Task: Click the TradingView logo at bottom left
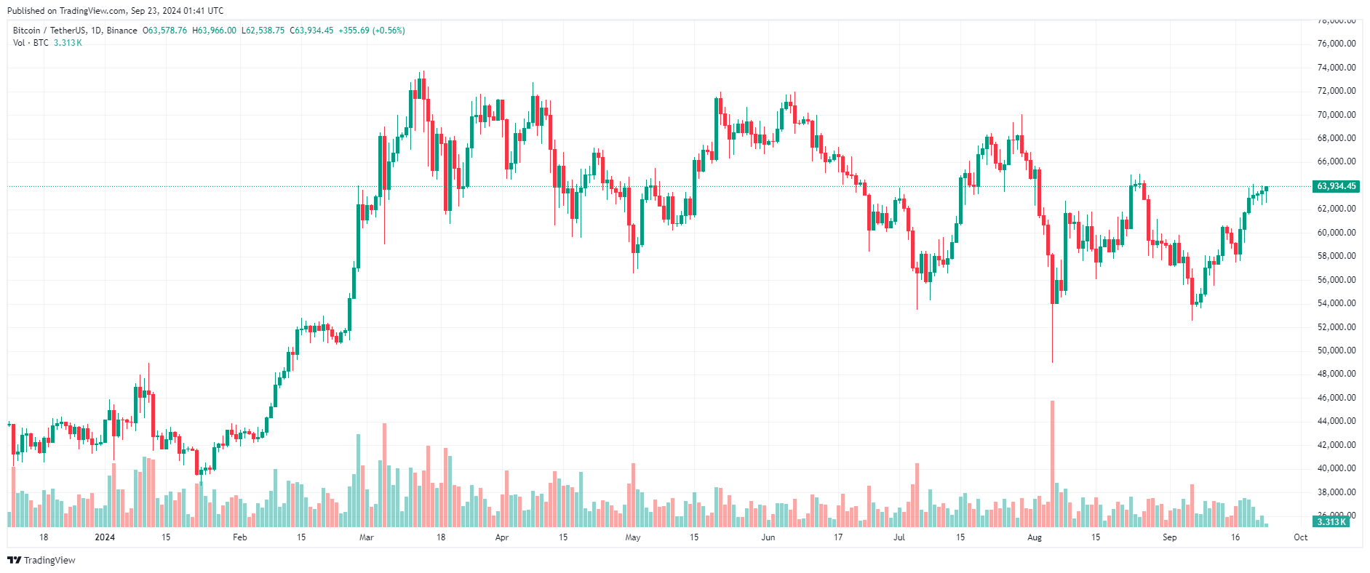pos(41,560)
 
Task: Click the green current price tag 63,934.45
pos(1336,186)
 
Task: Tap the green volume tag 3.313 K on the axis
pos(1331,521)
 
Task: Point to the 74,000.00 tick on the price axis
pos(1337,68)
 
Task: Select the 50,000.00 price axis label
pos(1337,350)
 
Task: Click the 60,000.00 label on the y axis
pos(1337,233)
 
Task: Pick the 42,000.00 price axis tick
pos(1337,445)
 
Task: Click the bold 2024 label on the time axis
pos(105,537)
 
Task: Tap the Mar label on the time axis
pos(366,537)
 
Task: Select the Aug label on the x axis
pos(1034,537)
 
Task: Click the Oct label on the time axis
pos(1300,537)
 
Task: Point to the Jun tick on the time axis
pos(768,537)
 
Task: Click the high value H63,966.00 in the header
pos(214,31)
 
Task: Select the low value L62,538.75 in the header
pos(263,31)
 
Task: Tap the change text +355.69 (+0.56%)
pos(371,31)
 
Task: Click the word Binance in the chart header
pos(122,31)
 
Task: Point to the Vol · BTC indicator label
pos(31,43)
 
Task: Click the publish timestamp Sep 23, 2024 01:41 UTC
pos(177,11)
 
